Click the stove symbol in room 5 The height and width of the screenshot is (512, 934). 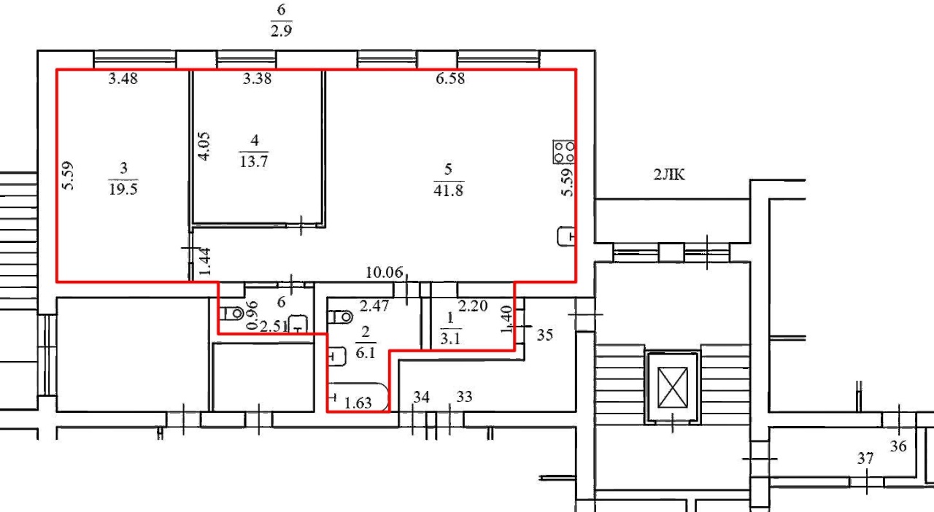click(x=564, y=152)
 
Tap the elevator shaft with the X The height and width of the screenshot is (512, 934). click(x=673, y=387)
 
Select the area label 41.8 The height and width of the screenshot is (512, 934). click(x=448, y=190)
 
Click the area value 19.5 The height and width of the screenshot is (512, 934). click(x=123, y=189)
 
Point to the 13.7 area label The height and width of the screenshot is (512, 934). click(x=254, y=161)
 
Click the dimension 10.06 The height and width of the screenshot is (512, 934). click(x=384, y=273)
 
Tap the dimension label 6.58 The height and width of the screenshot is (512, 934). click(x=450, y=78)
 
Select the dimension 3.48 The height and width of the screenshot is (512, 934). click(x=123, y=78)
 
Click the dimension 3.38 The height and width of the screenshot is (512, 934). click(x=257, y=78)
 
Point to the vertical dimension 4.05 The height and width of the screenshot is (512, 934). click(x=204, y=146)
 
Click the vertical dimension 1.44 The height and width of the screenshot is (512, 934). click(x=204, y=261)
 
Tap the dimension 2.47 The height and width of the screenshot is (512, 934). click(x=374, y=306)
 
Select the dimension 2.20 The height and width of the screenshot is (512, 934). click(x=473, y=306)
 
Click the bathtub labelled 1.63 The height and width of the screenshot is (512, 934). click(x=358, y=397)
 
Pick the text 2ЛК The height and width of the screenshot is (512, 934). click(x=669, y=174)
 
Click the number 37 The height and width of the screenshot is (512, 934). click(x=865, y=459)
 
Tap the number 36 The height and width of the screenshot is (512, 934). click(x=898, y=446)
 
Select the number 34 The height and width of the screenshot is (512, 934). click(x=421, y=397)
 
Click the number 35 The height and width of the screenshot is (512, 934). click(x=545, y=335)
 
